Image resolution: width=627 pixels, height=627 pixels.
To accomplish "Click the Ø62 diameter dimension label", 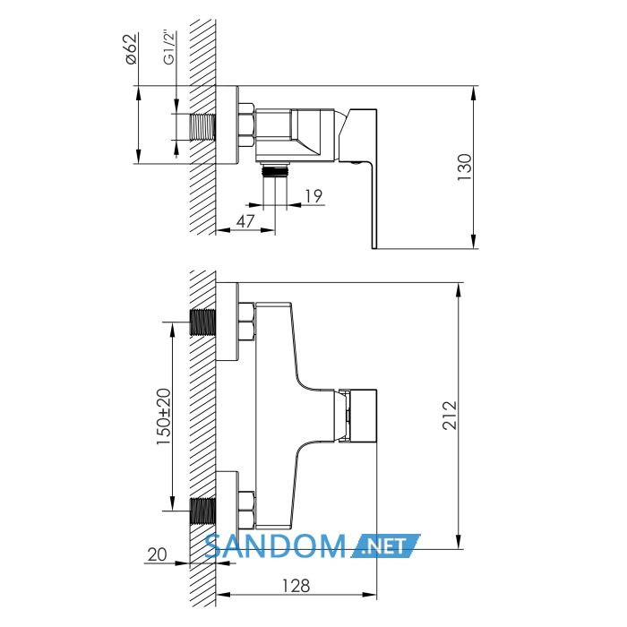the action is click(132, 48).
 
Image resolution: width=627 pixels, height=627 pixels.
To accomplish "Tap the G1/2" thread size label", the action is click(170, 48).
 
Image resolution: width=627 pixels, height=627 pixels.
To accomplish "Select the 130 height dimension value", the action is click(464, 167).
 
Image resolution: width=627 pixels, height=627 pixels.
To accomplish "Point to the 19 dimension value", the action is click(313, 196).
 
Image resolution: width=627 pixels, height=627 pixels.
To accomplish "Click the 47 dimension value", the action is click(245, 221).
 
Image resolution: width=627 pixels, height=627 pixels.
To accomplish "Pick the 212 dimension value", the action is click(450, 415).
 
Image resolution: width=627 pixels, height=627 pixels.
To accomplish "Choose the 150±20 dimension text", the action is click(163, 417).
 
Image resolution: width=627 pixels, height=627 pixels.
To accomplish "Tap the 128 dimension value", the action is click(296, 586).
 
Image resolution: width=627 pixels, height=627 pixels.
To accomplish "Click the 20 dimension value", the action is click(157, 554).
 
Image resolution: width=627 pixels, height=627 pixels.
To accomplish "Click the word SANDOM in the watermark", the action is click(275, 546).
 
